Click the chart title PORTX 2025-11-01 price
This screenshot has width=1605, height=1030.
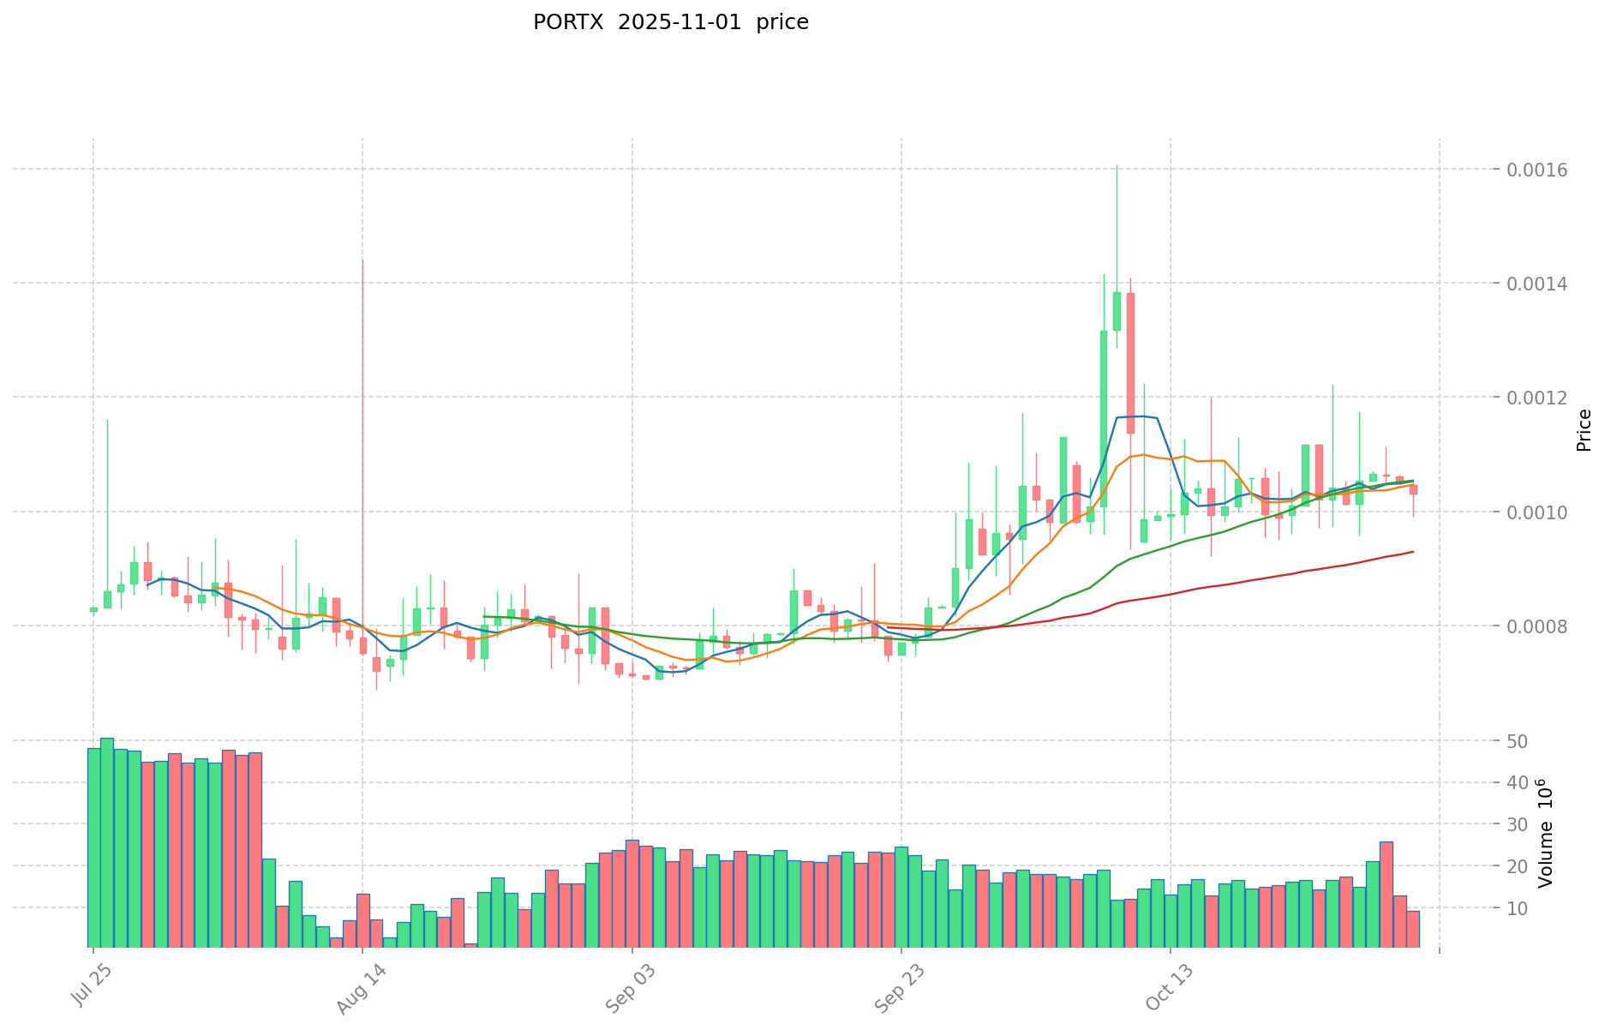point(670,22)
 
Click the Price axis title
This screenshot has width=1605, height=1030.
point(1584,430)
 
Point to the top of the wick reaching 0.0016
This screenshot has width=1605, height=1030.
point(1117,165)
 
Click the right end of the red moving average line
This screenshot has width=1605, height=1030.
point(1412,551)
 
